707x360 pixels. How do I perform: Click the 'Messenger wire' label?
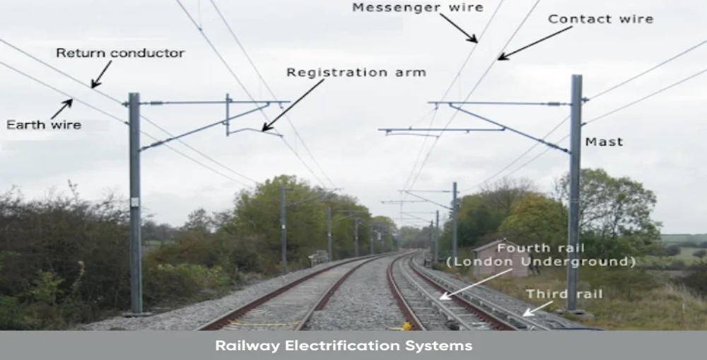(417, 8)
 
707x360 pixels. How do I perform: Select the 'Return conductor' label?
(120, 53)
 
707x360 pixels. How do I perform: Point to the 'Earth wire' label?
(44, 125)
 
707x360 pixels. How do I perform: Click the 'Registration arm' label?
(356, 72)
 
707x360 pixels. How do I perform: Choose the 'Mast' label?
(604, 142)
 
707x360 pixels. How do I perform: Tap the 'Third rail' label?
(563, 294)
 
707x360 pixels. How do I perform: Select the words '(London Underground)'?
(540, 262)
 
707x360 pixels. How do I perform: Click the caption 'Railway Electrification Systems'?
(344, 346)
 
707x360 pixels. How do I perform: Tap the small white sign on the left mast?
(134, 202)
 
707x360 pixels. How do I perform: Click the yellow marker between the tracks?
(406, 326)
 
